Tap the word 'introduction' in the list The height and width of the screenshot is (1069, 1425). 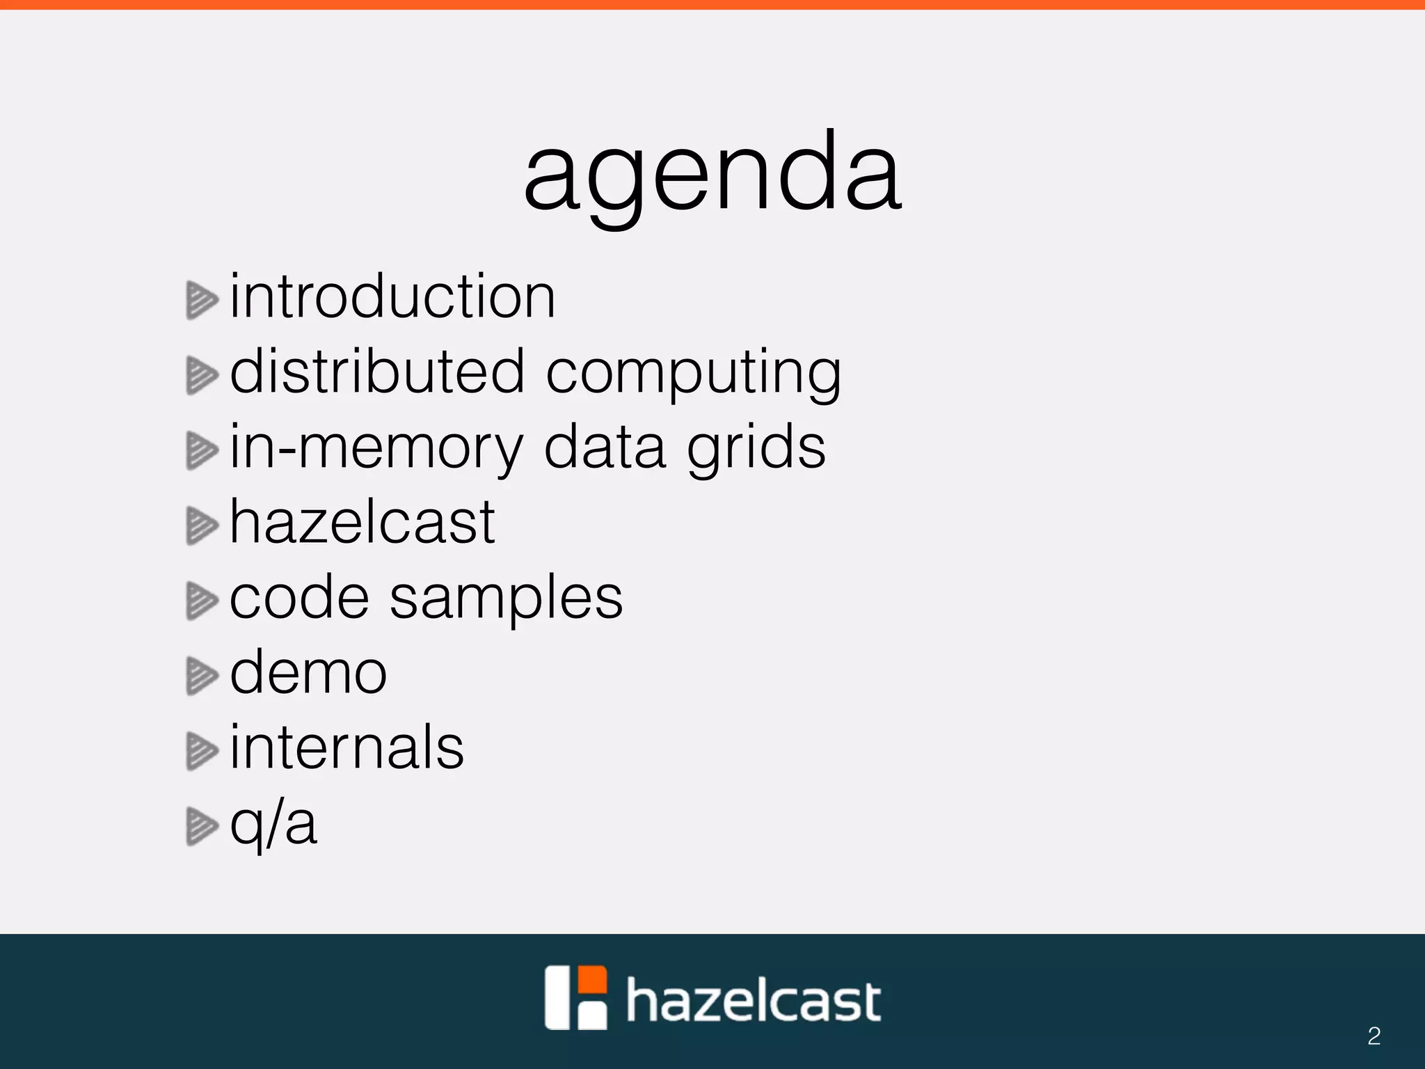point(392,297)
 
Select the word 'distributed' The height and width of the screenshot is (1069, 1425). point(376,372)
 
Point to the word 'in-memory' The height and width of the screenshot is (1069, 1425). point(376,449)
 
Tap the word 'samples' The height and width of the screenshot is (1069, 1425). point(506,599)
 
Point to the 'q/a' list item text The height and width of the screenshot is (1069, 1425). point(273,825)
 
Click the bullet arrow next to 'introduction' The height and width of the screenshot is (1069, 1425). point(202,301)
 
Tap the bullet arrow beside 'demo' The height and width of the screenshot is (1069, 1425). point(202,676)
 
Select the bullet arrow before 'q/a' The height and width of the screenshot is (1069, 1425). point(202,826)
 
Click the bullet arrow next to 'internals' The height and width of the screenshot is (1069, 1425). point(202,751)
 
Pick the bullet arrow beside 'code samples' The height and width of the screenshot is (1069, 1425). point(202,601)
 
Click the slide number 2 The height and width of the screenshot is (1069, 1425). point(1374,1036)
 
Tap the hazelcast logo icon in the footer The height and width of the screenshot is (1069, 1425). point(575,997)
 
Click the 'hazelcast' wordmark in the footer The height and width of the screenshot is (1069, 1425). point(754,1000)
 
